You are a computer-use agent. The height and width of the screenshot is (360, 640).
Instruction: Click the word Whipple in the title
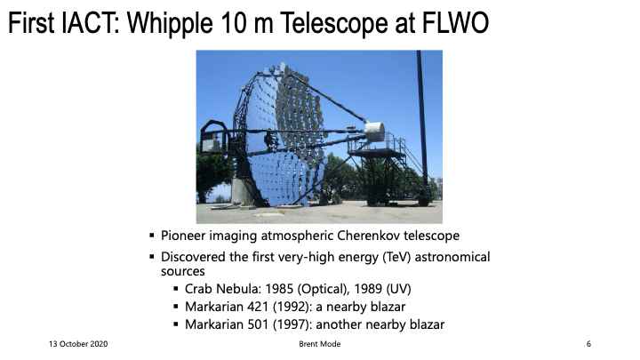point(170,23)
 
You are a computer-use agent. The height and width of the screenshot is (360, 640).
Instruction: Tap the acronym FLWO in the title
point(455,22)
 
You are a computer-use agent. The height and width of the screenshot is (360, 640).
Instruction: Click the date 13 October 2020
point(78,344)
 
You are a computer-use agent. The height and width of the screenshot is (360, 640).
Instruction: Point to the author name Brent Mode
point(320,344)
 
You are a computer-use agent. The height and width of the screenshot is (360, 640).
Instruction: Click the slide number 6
point(588,344)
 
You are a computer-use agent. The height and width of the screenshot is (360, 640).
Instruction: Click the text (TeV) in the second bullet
point(396,257)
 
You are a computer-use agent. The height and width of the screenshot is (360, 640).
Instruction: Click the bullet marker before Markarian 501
point(176,324)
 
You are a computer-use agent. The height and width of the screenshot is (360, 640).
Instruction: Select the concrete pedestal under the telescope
point(242,190)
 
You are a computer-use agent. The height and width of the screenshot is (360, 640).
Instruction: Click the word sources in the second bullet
point(183,271)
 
